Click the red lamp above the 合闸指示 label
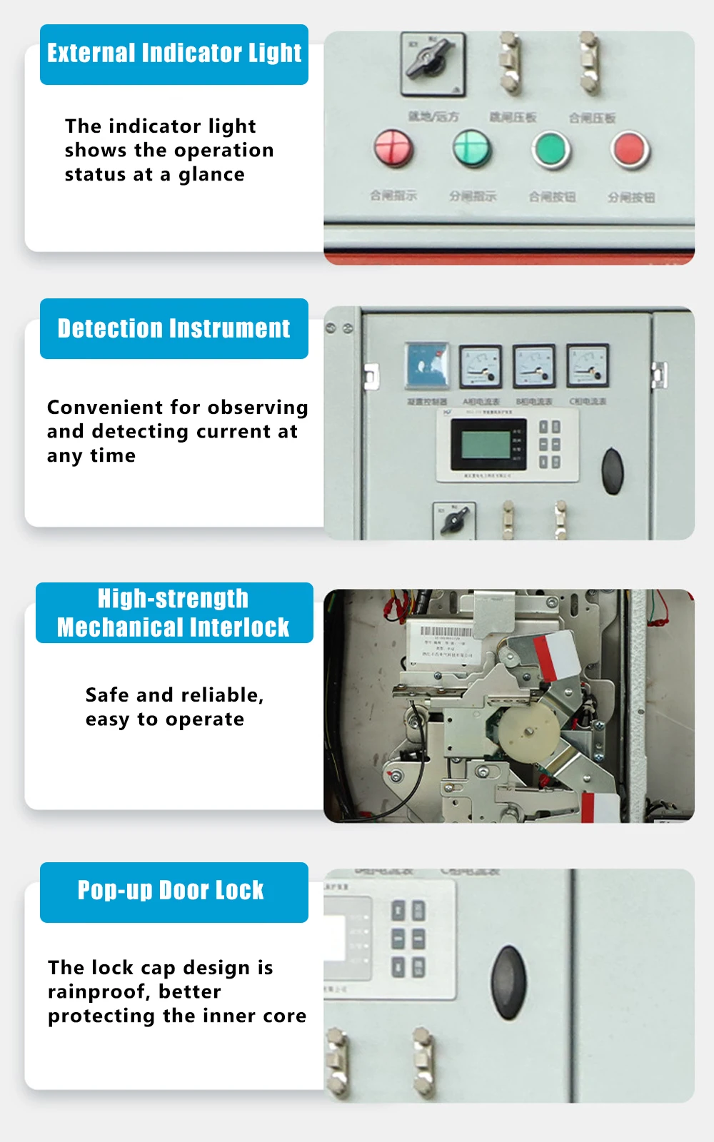(393, 148)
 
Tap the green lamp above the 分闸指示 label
(472, 148)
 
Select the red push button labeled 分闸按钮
(630, 150)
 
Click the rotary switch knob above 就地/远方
(431, 60)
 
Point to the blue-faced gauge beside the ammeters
(427, 365)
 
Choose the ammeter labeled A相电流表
(480, 365)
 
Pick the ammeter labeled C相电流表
(587, 365)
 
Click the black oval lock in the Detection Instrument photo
(613, 470)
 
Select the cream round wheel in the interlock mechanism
(529, 732)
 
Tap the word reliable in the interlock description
(221, 695)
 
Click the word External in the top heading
(91, 53)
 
